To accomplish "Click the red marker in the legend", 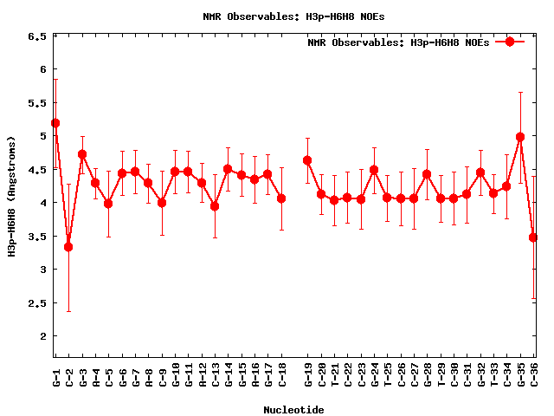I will pos(510,42).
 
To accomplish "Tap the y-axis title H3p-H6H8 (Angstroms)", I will pos(12,196).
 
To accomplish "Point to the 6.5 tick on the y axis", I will pos(37,36).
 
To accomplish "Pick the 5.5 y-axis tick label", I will pos(37,102).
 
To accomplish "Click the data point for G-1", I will pos(55,123).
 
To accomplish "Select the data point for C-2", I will pos(68,247).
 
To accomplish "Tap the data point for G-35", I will pos(520,137).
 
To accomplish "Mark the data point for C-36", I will pos(533,237).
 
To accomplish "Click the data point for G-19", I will pos(307,160).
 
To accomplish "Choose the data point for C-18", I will pos(281,198).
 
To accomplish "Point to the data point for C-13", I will pos(215,206).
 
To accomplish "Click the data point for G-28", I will pos(427,174).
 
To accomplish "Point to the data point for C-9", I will pos(162,203).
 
